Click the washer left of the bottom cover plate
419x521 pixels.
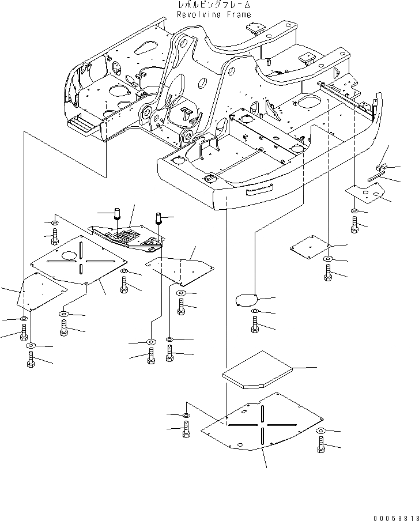pos(186,416)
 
